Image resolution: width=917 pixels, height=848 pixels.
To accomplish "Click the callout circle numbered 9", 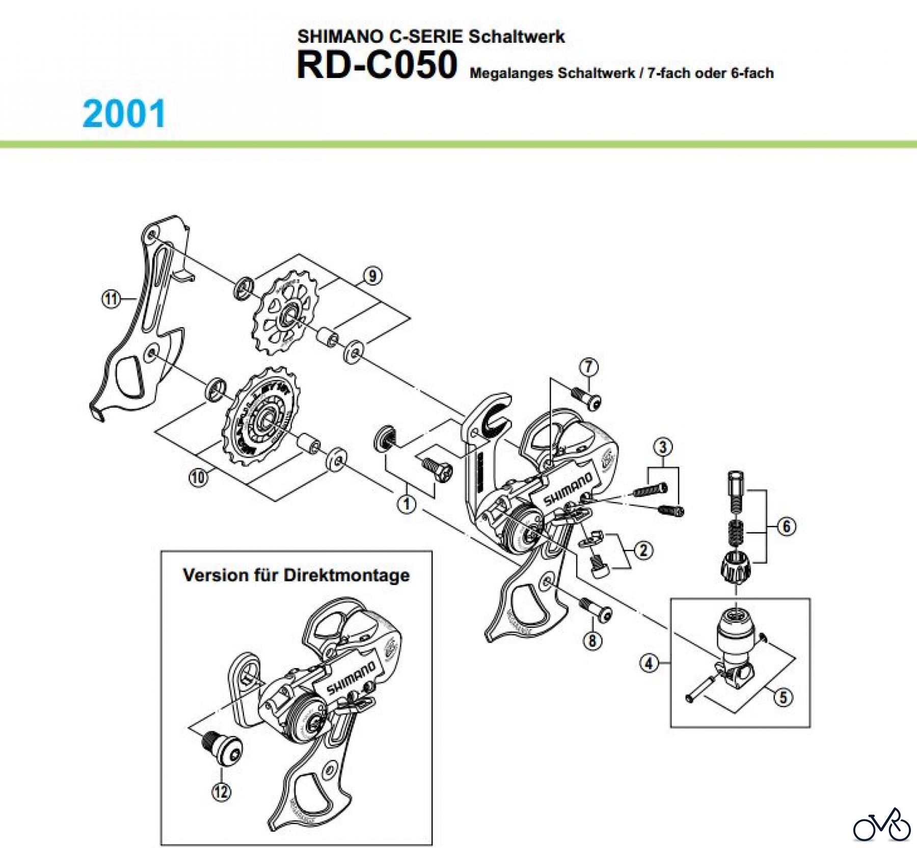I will (x=373, y=276).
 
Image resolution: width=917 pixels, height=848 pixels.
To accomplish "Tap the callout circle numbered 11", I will (x=111, y=299).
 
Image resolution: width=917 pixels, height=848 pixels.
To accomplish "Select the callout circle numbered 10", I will (x=198, y=478).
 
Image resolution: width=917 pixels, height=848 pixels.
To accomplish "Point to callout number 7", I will (x=589, y=366).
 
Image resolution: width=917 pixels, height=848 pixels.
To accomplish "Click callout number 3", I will (x=662, y=447).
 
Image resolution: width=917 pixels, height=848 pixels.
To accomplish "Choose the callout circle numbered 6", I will (x=786, y=526).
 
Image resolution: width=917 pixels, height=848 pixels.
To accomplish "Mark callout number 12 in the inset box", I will (x=221, y=791).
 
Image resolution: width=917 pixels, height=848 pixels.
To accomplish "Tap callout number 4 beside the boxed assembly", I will (x=649, y=663).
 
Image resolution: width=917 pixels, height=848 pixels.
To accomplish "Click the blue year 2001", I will (x=124, y=114).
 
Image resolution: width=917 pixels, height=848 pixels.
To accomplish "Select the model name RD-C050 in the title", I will (x=377, y=66).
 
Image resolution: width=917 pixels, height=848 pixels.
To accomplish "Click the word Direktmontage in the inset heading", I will (x=346, y=575).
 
